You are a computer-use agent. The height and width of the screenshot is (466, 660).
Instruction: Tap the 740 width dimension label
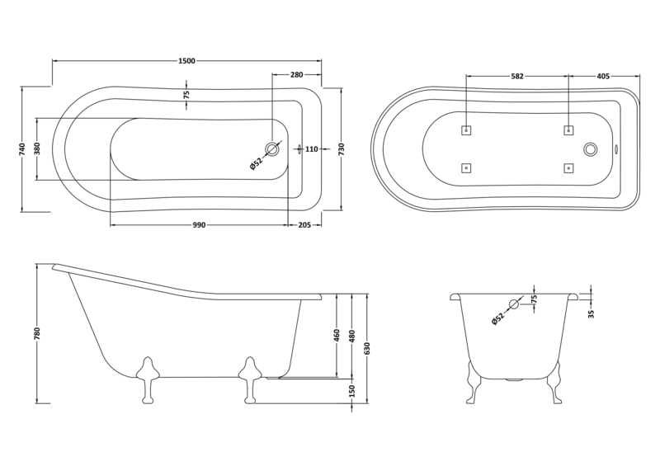(x=24, y=148)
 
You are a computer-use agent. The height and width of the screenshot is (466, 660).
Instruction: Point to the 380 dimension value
(x=36, y=149)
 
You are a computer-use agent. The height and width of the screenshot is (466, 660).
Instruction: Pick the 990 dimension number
(x=198, y=225)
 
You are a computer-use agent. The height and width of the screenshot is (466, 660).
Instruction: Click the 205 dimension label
(x=304, y=225)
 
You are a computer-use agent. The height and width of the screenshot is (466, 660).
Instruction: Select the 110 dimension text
(x=312, y=149)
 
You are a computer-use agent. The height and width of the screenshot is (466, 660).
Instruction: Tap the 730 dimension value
(x=341, y=148)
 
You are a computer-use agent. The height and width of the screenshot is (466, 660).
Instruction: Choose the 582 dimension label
(x=517, y=76)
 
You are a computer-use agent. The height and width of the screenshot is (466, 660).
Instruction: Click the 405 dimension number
(x=603, y=76)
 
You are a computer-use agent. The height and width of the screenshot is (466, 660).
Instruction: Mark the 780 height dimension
(x=37, y=334)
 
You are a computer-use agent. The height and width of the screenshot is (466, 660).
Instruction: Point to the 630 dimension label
(x=367, y=347)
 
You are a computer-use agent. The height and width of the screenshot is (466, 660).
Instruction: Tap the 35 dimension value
(x=592, y=313)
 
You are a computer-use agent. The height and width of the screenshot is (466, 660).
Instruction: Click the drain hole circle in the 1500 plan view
(x=272, y=149)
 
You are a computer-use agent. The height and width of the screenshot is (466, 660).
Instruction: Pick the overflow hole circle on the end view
(x=514, y=304)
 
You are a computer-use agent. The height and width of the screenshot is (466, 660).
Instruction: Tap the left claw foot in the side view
(x=148, y=379)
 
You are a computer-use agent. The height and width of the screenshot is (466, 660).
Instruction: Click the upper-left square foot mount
(x=466, y=130)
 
